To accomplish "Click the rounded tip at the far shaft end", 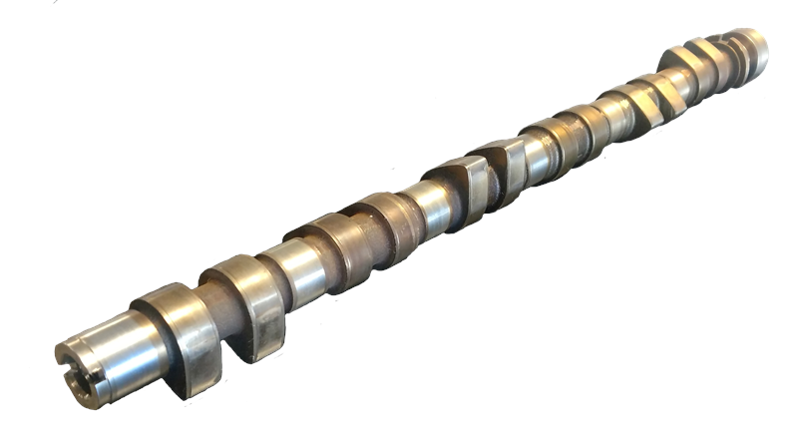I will pyautogui.click(x=755, y=45).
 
